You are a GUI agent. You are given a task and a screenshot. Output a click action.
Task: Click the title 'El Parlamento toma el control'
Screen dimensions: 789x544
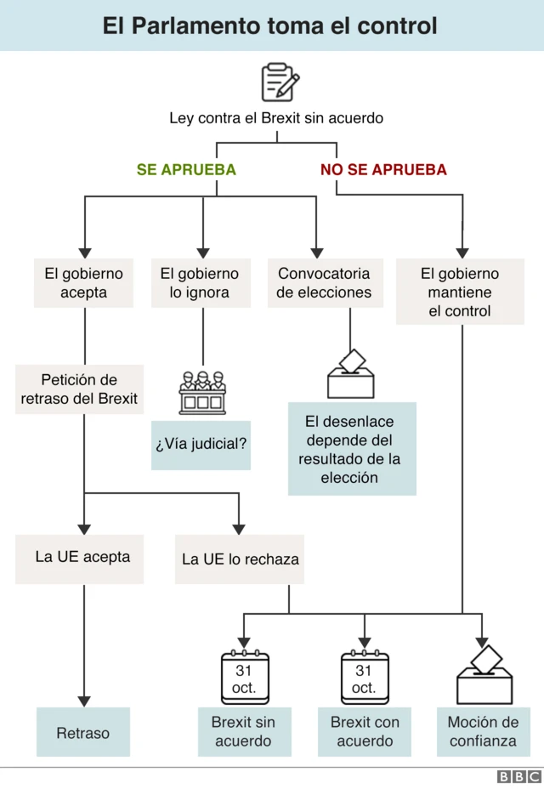pyautogui.click(x=270, y=26)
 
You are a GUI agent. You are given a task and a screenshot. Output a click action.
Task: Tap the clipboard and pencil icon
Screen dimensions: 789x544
pyautogui.click(x=280, y=82)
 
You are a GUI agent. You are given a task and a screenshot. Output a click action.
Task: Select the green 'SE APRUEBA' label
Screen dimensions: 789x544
pyautogui.click(x=186, y=170)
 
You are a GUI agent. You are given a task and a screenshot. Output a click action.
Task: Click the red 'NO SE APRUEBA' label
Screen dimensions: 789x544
pyautogui.click(x=383, y=170)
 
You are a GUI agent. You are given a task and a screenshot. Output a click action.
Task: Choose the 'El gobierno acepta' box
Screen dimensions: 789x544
pyautogui.click(x=83, y=283)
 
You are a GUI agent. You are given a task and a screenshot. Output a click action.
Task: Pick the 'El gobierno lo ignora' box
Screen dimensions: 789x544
pyautogui.click(x=200, y=283)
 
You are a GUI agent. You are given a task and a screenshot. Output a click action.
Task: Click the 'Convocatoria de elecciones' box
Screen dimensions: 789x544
pyautogui.click(x=325, y=283)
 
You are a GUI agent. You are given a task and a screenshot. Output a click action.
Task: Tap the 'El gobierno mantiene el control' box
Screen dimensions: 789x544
pyautogui.click(x=460, y=292)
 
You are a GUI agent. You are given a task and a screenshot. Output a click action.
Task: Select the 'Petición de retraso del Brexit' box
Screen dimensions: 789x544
pyautogui.click(x=79, y=389)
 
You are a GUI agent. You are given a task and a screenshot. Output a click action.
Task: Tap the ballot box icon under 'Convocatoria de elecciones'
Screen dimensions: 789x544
pyautogui.click(x=351, y=374)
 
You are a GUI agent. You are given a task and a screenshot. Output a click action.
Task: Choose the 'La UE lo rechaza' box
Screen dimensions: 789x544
pyautogui.click(x=241, y=559)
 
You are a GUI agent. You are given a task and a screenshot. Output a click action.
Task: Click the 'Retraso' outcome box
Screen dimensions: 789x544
pyautogui.click(x=83, y=732)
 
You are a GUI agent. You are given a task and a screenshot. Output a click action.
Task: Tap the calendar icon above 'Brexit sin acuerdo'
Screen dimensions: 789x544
pyautogui.click(x=244, y=678)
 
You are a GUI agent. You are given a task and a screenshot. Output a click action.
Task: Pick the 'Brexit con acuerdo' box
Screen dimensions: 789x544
pyautogui.click(x=365, y=731)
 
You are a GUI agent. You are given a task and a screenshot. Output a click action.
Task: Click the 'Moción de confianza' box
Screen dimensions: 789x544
pyautogui.click(x=483, y=731)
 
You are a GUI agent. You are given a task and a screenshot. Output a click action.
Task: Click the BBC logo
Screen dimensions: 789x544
pyautogui.click(x=518, y=776)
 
